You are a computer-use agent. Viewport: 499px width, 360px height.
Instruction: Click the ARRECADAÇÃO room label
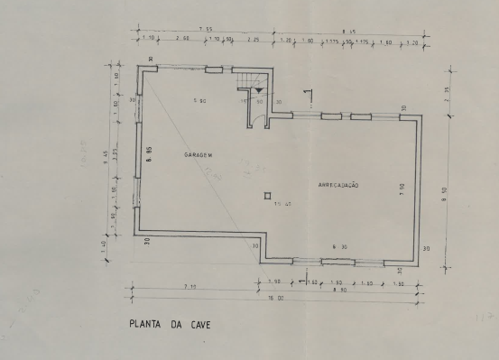click(338, 184)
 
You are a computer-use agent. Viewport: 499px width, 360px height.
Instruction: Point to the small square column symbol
click(267, 195)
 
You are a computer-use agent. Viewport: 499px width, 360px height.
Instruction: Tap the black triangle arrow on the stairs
click(260, 90)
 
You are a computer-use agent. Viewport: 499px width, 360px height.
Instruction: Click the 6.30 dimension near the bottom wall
click(339, 245)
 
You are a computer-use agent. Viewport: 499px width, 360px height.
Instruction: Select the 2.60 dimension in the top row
click(180, 41)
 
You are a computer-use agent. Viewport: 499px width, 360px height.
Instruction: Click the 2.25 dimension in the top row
click(254, 41)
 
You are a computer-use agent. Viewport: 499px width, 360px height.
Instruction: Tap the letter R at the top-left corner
click(150, 60)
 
